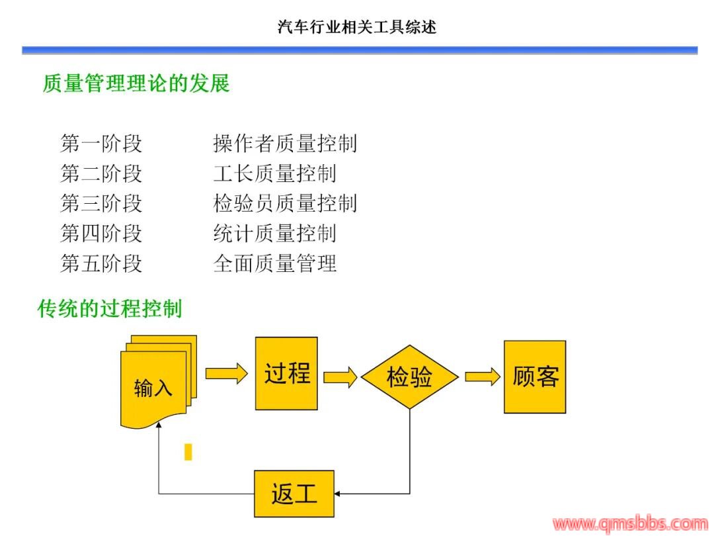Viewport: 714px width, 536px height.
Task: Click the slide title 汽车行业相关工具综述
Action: pos(357,27)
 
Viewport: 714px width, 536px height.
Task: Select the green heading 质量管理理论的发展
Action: pos(136,83)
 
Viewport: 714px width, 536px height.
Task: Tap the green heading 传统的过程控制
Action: pos(110,308)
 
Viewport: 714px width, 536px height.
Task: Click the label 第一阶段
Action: pos(101,143)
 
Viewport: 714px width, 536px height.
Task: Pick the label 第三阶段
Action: pos(101,203)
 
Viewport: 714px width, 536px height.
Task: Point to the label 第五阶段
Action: pos(101,263)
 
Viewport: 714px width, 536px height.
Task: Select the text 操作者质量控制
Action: pos(285,143)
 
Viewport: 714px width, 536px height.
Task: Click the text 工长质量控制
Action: pos(274,173)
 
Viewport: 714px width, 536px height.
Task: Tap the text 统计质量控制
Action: pos(274,233)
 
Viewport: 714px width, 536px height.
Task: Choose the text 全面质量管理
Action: pos(274,263)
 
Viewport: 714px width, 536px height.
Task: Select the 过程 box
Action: pos(286,373)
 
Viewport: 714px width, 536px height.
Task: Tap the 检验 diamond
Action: pos(409,378)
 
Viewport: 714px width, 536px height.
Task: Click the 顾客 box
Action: pos(535,377)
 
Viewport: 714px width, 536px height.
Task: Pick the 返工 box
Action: pos(294,494)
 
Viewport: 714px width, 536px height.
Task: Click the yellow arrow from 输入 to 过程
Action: pos(225,374)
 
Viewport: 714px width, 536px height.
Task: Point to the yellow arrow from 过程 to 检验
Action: pos(340,378)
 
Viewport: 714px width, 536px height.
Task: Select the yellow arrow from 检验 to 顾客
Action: pos(482,377)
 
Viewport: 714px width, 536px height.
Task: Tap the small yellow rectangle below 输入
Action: pos(188,452)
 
